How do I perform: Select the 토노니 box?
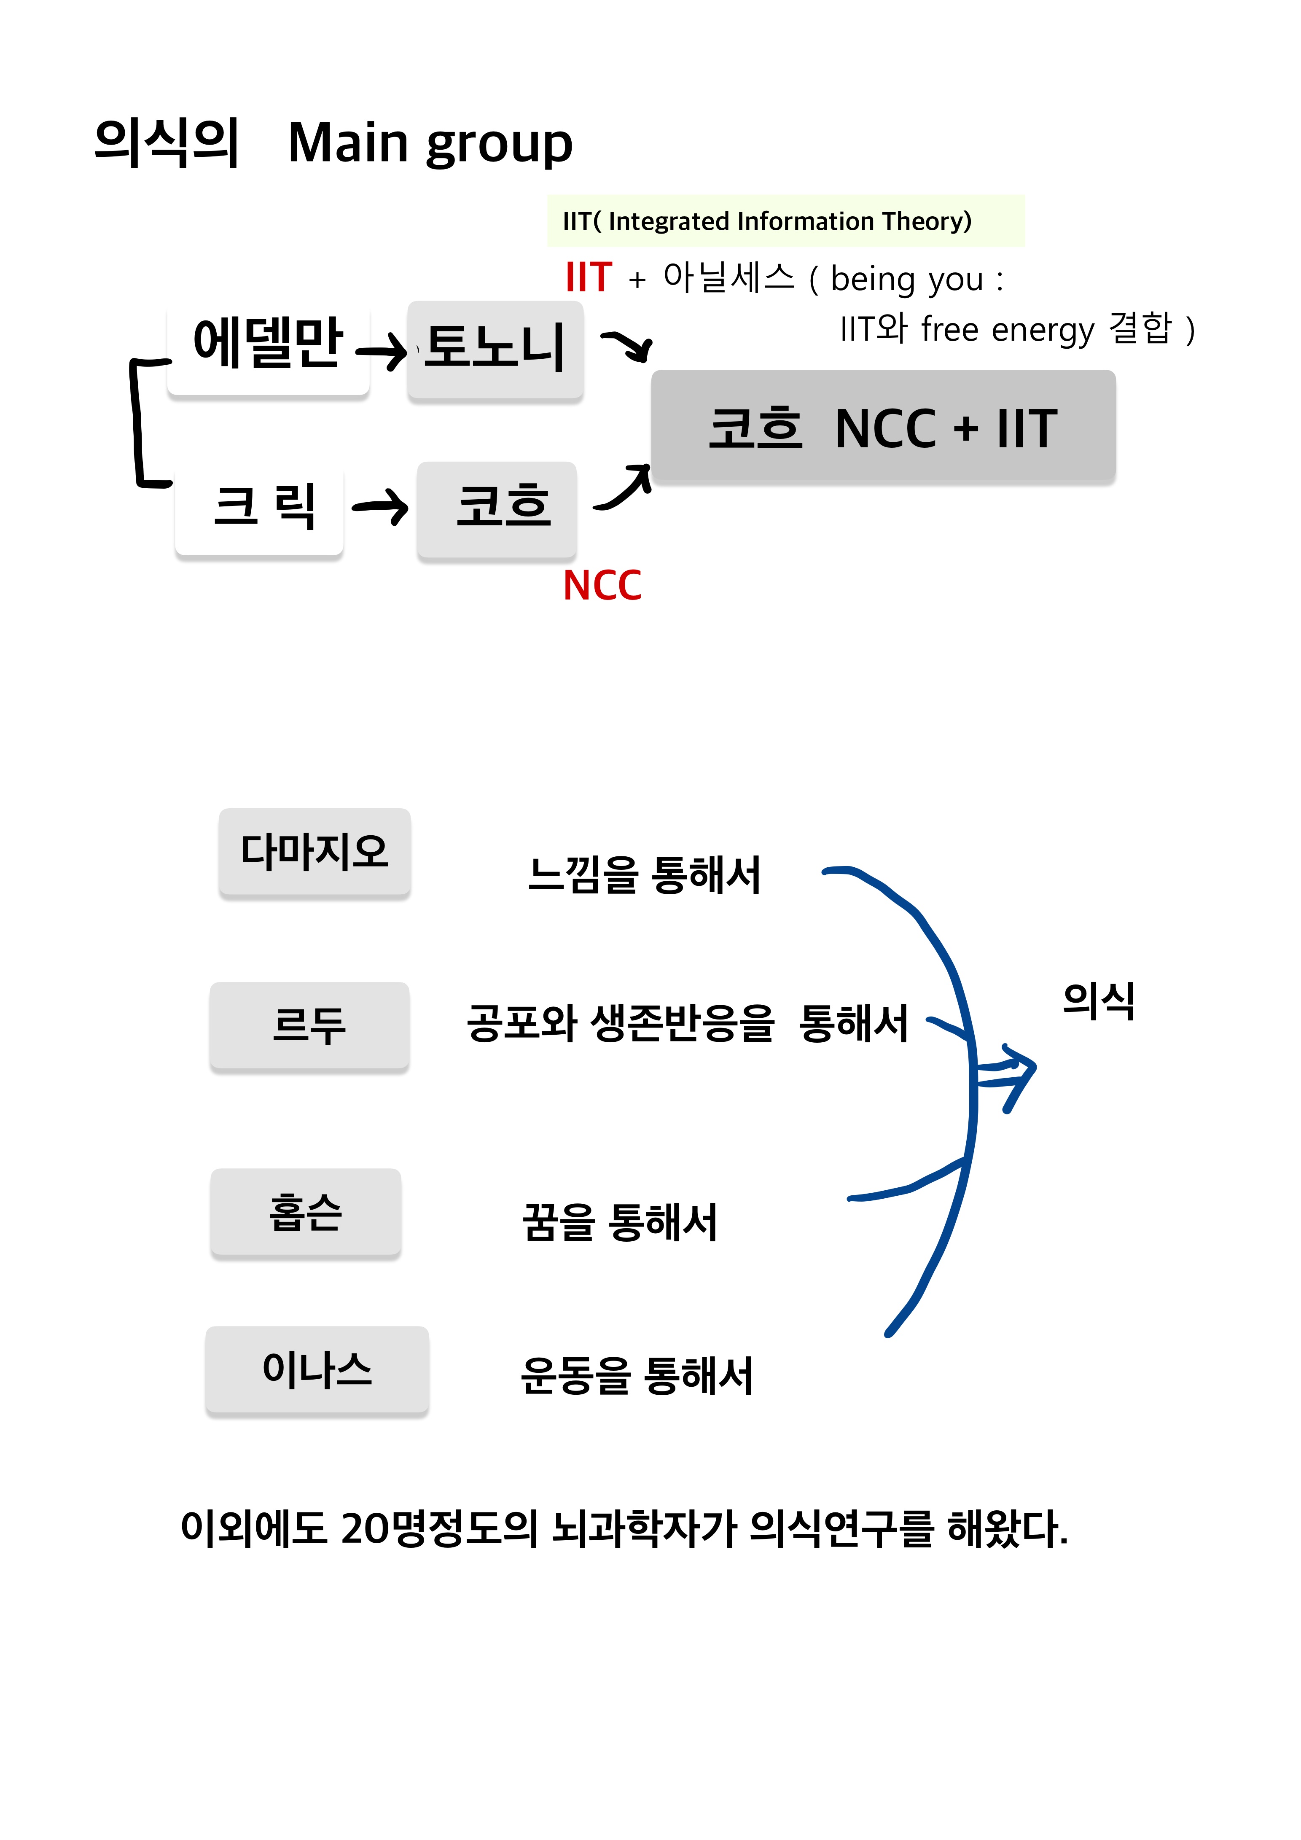[495, 350]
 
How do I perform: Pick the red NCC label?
[602, 586]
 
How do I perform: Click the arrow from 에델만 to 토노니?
[382, 350]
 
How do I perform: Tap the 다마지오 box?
[315, 852]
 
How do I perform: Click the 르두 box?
[309, 1025]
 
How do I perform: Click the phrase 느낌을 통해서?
[644, 874]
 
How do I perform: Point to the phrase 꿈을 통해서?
[620, 1223]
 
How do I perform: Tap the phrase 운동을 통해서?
[637, 1376]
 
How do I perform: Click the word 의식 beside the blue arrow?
[1098, 1000]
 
